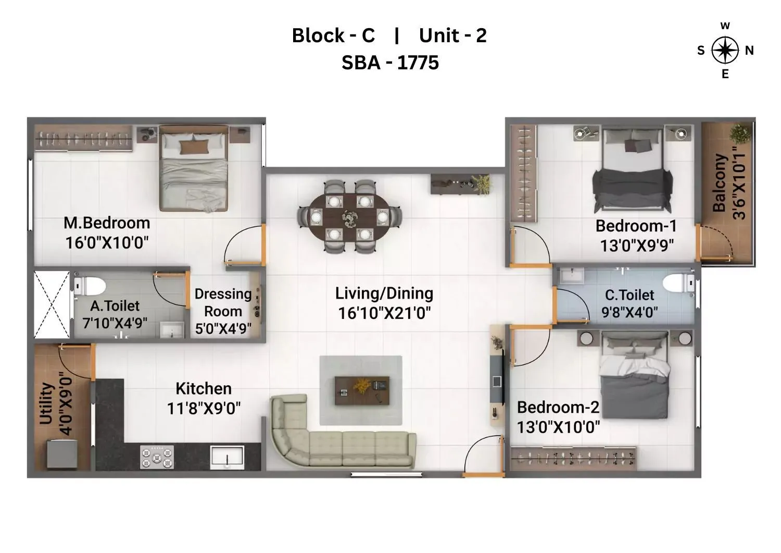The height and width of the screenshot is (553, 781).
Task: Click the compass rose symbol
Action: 725,51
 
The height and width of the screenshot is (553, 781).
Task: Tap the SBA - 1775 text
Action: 390,63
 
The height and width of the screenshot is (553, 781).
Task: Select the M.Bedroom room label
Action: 107,223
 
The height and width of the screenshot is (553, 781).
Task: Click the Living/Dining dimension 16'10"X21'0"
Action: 384,313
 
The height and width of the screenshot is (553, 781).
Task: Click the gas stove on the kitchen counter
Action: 157,457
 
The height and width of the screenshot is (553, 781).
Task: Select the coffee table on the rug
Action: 362,391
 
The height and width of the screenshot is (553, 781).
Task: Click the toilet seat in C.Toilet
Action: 678,284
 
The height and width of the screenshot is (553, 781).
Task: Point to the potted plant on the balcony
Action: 740,133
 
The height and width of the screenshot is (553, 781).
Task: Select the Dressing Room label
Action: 223,303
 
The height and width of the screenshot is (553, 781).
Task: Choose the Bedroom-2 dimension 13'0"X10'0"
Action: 558,427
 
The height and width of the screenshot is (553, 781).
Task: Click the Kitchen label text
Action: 203,389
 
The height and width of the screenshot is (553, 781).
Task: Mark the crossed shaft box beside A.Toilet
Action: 52,304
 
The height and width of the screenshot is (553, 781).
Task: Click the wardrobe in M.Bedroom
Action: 83,139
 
